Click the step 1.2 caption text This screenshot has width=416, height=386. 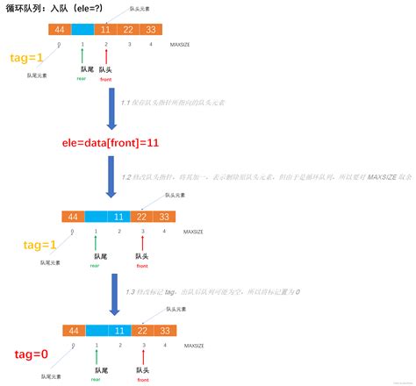(x=264, y=176)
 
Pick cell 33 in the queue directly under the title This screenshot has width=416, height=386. (x=152, y=29)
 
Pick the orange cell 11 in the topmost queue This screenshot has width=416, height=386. (x=106, y=29)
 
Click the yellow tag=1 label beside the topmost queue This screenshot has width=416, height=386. (x=25, y=58)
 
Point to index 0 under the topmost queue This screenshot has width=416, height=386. (x=59, y=44)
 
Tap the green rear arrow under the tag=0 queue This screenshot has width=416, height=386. (x=94, y=357)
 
